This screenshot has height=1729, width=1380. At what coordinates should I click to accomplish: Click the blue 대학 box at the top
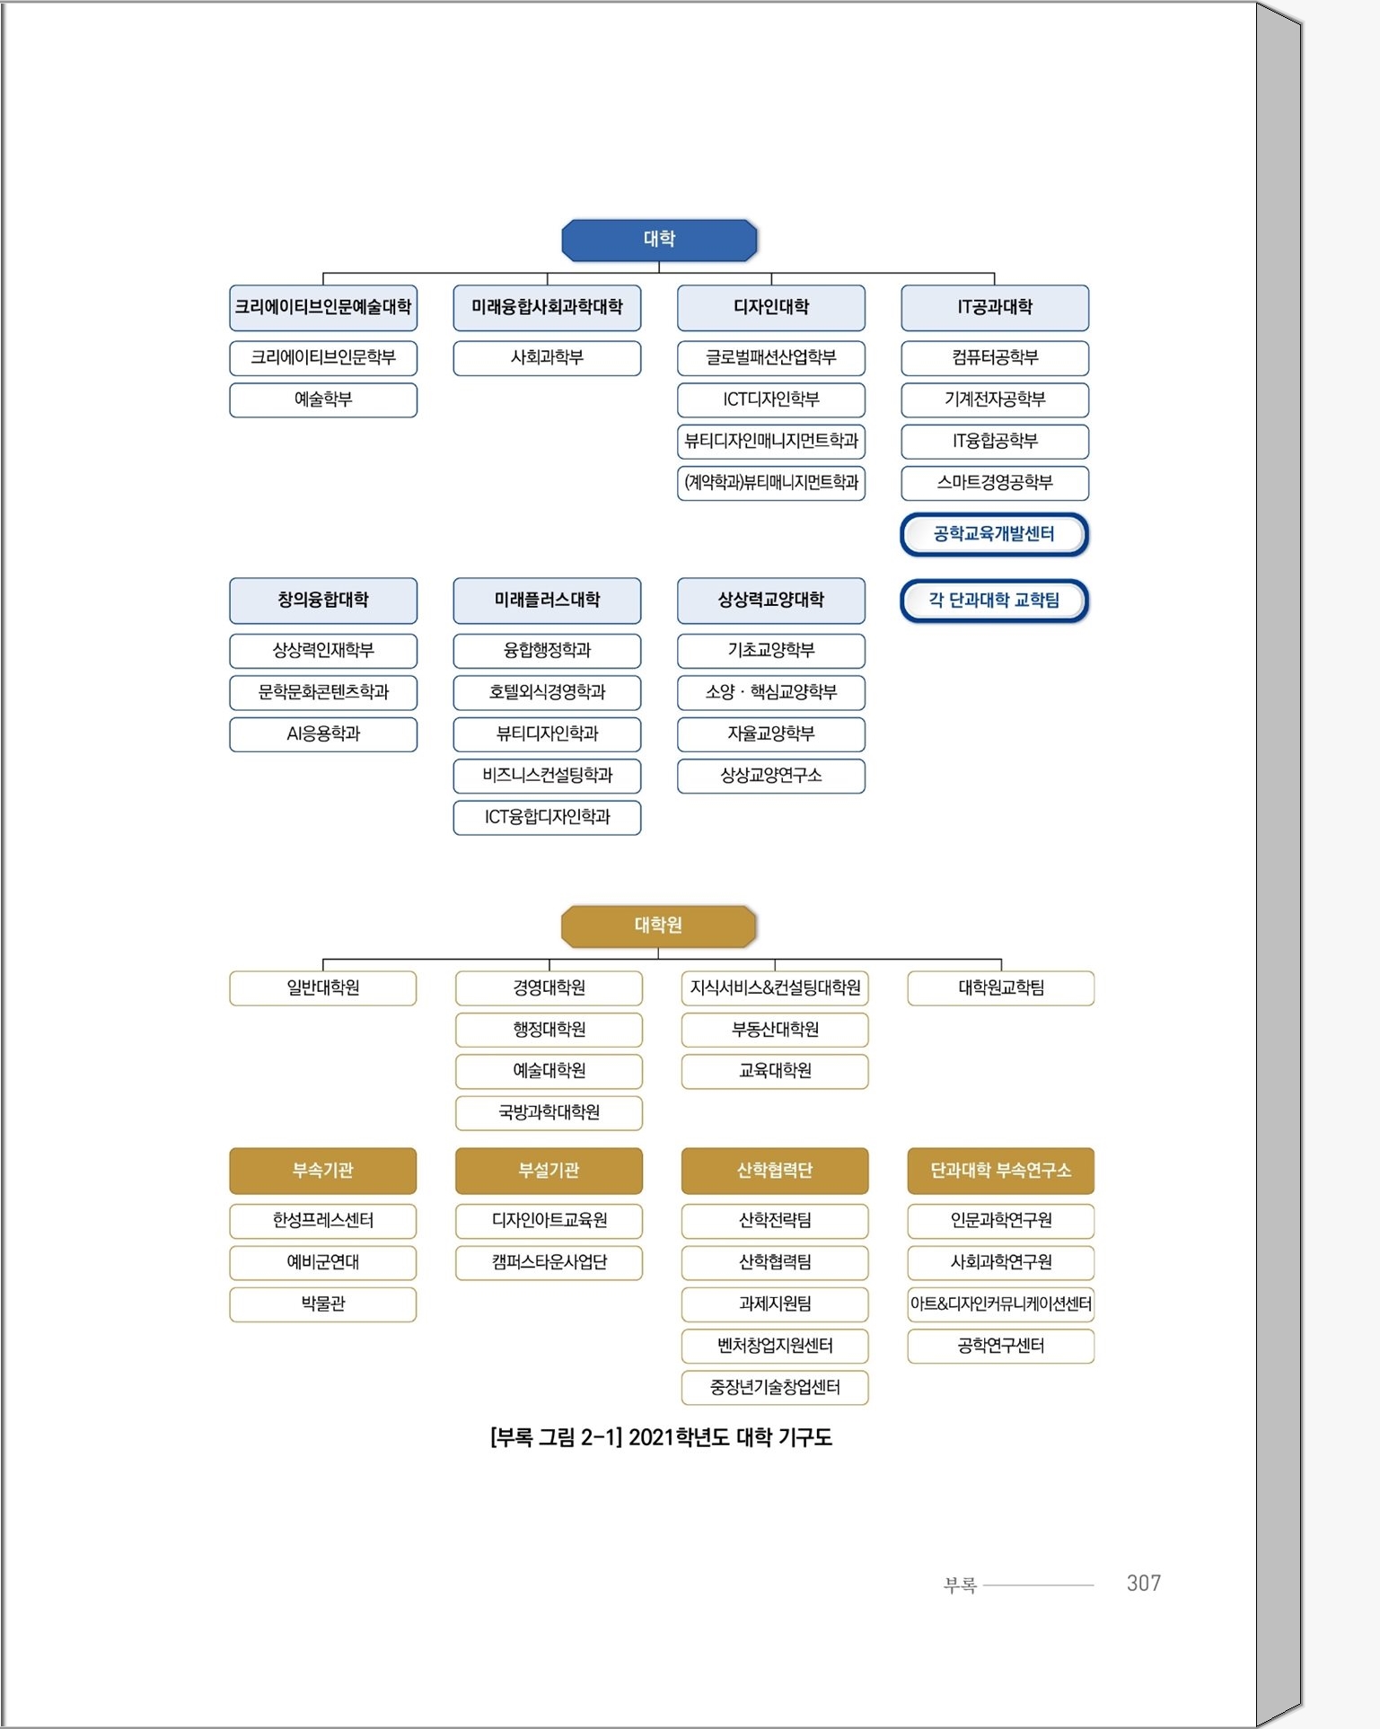(659, 240)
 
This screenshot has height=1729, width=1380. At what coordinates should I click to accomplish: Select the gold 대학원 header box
(658, 926)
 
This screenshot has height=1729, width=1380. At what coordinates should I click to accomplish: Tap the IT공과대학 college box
(995, 308)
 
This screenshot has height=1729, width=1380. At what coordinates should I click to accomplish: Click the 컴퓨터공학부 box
(995, 358)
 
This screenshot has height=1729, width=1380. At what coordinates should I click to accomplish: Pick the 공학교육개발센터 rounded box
(995, 535)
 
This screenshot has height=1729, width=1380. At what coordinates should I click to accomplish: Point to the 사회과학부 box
(547, 358)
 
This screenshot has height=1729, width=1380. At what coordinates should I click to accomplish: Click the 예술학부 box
(323, 400)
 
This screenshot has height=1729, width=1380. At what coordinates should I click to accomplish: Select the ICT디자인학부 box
(771, 400)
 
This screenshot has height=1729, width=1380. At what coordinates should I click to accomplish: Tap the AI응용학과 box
(323, 734)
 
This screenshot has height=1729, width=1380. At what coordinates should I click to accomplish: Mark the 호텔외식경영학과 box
(547, 693)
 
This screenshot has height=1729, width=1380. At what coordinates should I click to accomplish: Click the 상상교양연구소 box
(771, 777)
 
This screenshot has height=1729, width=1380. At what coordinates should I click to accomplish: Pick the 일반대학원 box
(323, 988)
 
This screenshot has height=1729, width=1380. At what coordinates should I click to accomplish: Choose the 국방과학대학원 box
(549, 1113)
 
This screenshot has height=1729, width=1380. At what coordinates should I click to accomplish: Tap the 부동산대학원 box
(775, 1030)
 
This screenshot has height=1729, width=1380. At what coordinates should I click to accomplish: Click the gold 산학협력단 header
(775, 1171)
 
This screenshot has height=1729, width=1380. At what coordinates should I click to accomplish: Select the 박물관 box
(323, 1304)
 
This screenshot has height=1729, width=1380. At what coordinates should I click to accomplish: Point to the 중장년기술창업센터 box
(775, 1388)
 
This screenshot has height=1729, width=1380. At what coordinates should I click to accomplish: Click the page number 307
(1144, 1584)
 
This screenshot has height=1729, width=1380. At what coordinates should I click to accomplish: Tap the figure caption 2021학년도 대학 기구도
(730, 1438)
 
